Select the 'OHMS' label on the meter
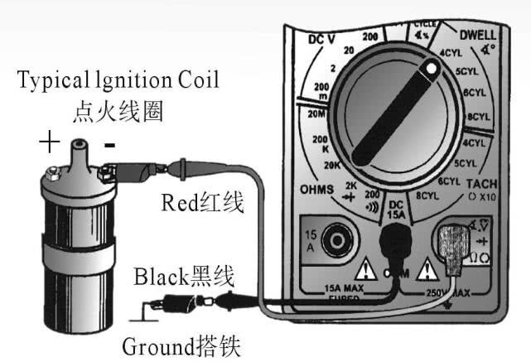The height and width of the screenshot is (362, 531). coord(317,190)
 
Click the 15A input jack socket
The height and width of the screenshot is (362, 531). coord(336,243)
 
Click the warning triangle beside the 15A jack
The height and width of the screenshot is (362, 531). coord(364,267)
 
